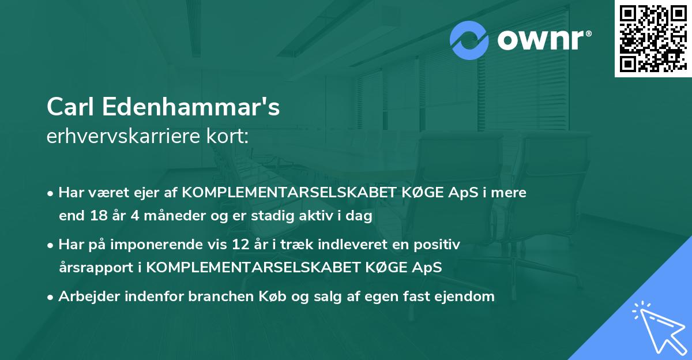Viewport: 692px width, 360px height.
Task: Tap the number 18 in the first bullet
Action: pos(96,216)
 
